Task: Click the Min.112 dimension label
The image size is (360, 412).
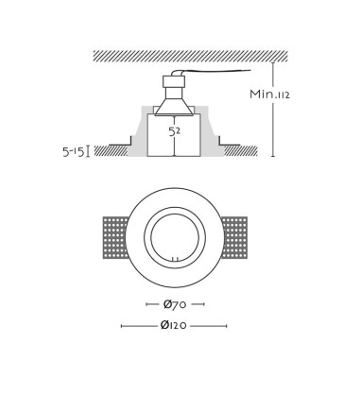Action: coord(269,94)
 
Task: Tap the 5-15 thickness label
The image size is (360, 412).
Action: coord(74,152)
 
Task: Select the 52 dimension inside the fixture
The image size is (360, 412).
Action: coord(175,131)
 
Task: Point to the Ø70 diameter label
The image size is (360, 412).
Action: coord(175,304)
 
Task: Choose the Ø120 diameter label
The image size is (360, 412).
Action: coord(174,325)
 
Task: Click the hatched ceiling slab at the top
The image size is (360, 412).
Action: coord(191,56)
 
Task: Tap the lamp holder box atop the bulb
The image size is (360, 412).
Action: coord(173,81)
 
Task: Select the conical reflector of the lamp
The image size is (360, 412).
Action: coord(174,107)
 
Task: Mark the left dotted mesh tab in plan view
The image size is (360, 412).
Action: coord(114,237)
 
